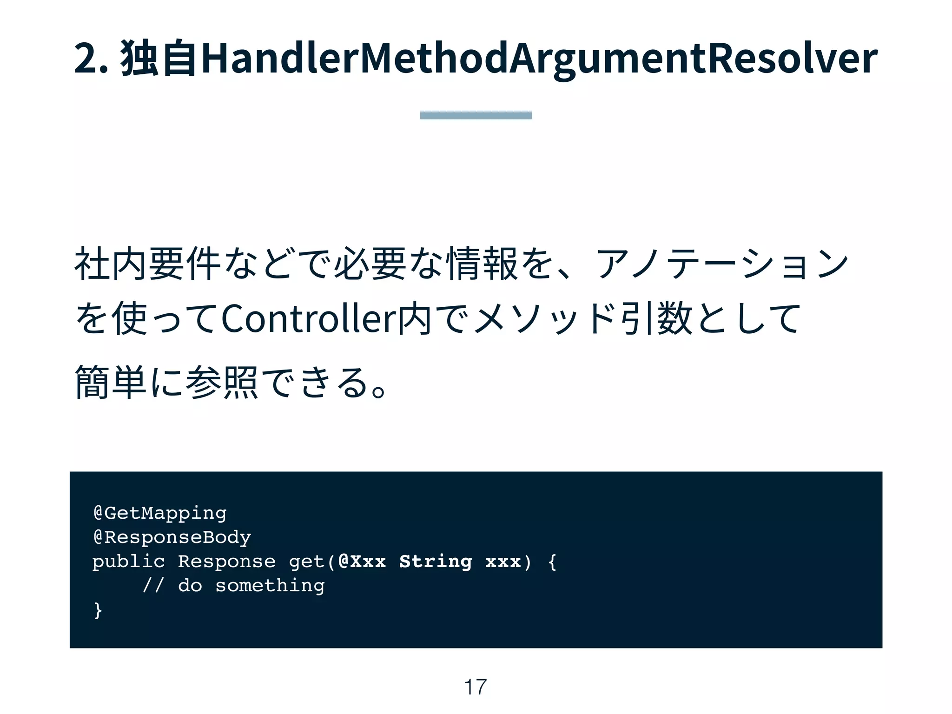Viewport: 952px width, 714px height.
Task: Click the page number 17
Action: coord(475,687)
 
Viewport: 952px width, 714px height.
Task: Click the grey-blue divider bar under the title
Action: coord(476,115)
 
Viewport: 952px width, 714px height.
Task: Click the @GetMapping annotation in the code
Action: coord(160,513)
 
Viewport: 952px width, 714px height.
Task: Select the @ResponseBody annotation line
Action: coord(172,537)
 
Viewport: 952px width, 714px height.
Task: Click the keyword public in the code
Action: coord(129,562)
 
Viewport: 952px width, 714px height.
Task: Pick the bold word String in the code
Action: coord(436,562)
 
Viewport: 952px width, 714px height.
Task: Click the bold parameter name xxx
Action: coord(503,562)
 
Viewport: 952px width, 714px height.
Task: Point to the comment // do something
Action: coord(233,586)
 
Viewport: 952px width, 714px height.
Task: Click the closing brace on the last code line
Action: coord(98,610)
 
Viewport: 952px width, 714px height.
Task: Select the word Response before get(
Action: coord(227,562)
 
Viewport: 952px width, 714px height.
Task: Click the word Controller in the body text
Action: coord(308,319)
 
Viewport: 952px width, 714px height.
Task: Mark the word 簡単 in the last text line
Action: coord(111,383)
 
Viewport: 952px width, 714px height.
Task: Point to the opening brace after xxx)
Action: coord(552,562)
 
